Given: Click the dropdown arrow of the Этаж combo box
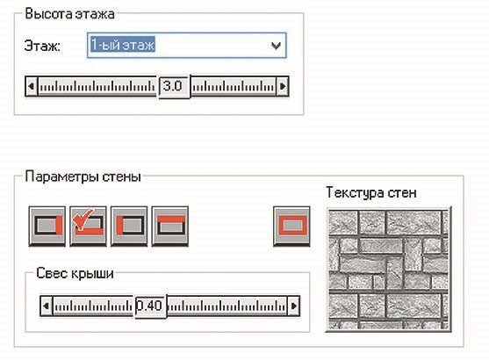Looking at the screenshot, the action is (276, 46).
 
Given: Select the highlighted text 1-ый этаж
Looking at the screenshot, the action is (123, 45).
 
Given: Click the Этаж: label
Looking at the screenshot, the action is (42, 47).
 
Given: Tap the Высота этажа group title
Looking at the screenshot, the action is (69, 14).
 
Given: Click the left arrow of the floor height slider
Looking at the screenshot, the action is (32, 86).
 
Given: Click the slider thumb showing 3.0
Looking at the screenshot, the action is (174, 87).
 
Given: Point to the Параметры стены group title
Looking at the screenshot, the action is (83, 176).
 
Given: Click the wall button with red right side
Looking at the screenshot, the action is (47, 226).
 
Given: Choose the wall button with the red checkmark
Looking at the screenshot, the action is (88, 226).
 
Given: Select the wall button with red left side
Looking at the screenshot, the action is (129, 226).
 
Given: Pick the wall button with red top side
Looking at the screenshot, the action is (170, 226).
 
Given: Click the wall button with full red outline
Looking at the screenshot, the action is (291, 226).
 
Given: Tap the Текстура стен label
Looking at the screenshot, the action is (371, 192).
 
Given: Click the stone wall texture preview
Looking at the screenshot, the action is (389, 269).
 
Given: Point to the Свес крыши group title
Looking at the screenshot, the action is (75, 273).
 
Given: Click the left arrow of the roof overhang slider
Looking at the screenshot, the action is (47, 306).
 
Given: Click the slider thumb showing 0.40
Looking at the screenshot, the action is (151, 306).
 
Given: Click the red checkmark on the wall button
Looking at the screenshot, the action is (83, 220).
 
